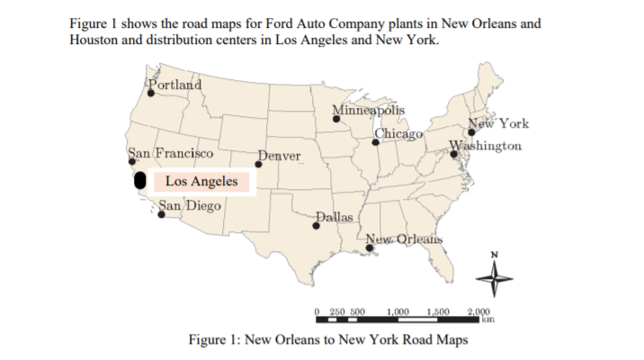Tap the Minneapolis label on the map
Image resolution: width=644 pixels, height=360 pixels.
[369, 111]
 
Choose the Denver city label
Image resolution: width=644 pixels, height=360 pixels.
[280, 157]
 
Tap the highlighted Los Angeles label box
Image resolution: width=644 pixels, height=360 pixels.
[202, 181]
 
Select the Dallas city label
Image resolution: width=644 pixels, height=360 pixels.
[336, 217]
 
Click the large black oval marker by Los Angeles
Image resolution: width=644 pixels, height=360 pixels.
[140, 178]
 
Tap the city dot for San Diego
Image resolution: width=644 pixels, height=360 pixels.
[162, 214]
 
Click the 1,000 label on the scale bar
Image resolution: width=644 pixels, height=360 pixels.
[398, 310]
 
